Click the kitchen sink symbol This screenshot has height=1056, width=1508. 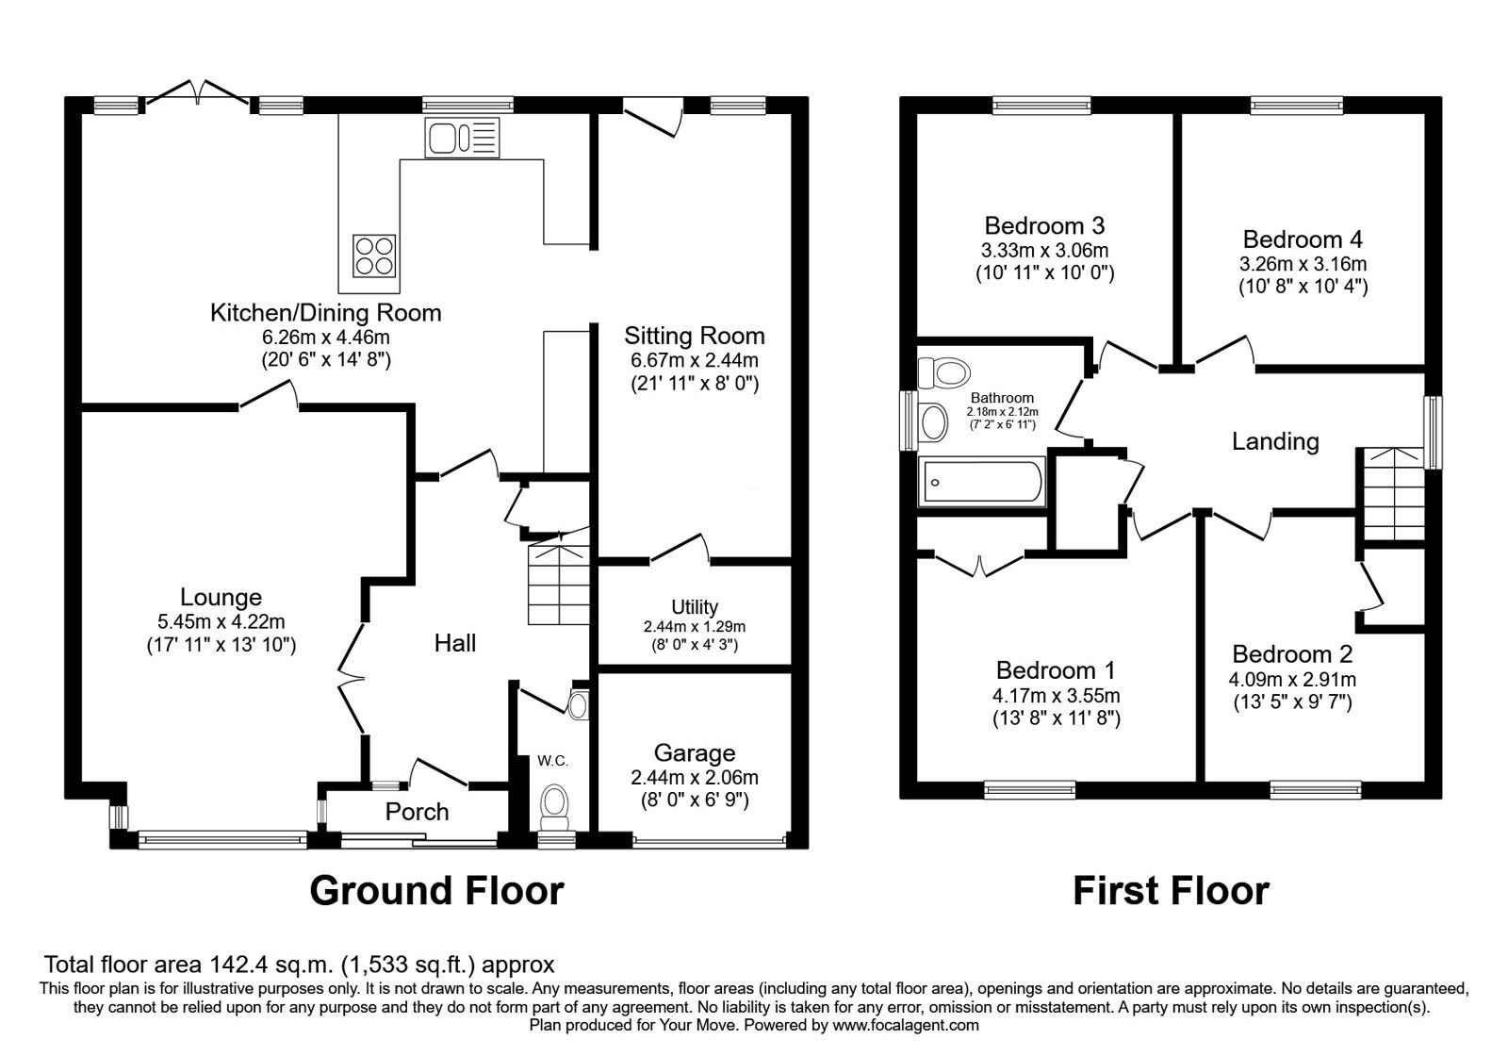462,138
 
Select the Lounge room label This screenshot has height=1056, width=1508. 221,597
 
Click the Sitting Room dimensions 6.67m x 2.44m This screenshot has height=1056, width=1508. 694,360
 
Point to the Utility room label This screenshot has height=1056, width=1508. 695,607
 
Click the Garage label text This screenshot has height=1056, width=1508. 695,752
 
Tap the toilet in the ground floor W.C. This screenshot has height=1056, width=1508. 553,806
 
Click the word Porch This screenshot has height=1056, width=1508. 417,812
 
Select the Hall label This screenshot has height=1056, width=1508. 454,643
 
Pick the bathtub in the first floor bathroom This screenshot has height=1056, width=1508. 982,482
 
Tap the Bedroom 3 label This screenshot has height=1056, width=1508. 1044,225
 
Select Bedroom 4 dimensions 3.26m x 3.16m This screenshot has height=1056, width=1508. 1303,264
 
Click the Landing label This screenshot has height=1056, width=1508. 1275,441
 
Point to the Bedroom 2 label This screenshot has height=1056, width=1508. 1291,654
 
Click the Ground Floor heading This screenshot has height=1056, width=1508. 436,890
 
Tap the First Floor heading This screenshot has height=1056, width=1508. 1171,890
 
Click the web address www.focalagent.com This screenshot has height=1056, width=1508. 906,1025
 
